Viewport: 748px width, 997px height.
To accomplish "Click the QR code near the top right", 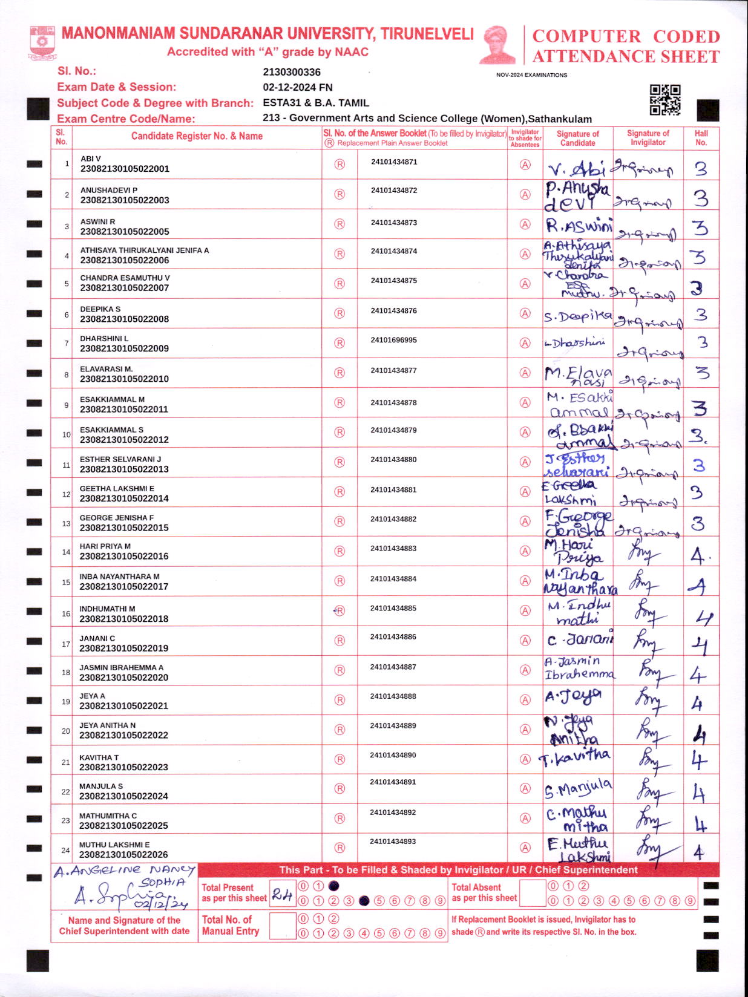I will (664, 100).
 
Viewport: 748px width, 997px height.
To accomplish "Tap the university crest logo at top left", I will (42, 42).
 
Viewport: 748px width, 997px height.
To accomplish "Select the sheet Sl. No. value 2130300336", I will (292, 72).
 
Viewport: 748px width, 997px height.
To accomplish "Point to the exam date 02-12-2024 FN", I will (298, 87).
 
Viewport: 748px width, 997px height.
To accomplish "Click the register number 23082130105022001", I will (125, 169).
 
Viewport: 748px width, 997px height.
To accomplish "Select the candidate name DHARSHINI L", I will (104, 339).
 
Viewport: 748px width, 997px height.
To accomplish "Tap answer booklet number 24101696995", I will (394, 340).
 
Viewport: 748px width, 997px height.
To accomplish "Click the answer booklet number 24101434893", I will (394, 842).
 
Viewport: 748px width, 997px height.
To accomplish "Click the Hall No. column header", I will (701, 138).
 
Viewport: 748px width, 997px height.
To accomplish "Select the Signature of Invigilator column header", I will (648, 138).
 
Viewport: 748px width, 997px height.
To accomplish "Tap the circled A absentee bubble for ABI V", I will (525, 165).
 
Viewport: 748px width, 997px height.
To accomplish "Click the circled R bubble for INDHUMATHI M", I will (340, 611).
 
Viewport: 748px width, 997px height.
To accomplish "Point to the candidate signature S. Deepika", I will (577, 316).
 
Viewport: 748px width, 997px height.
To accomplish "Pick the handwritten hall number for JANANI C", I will (700, 646).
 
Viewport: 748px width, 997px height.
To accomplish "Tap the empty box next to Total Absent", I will (533, 893).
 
